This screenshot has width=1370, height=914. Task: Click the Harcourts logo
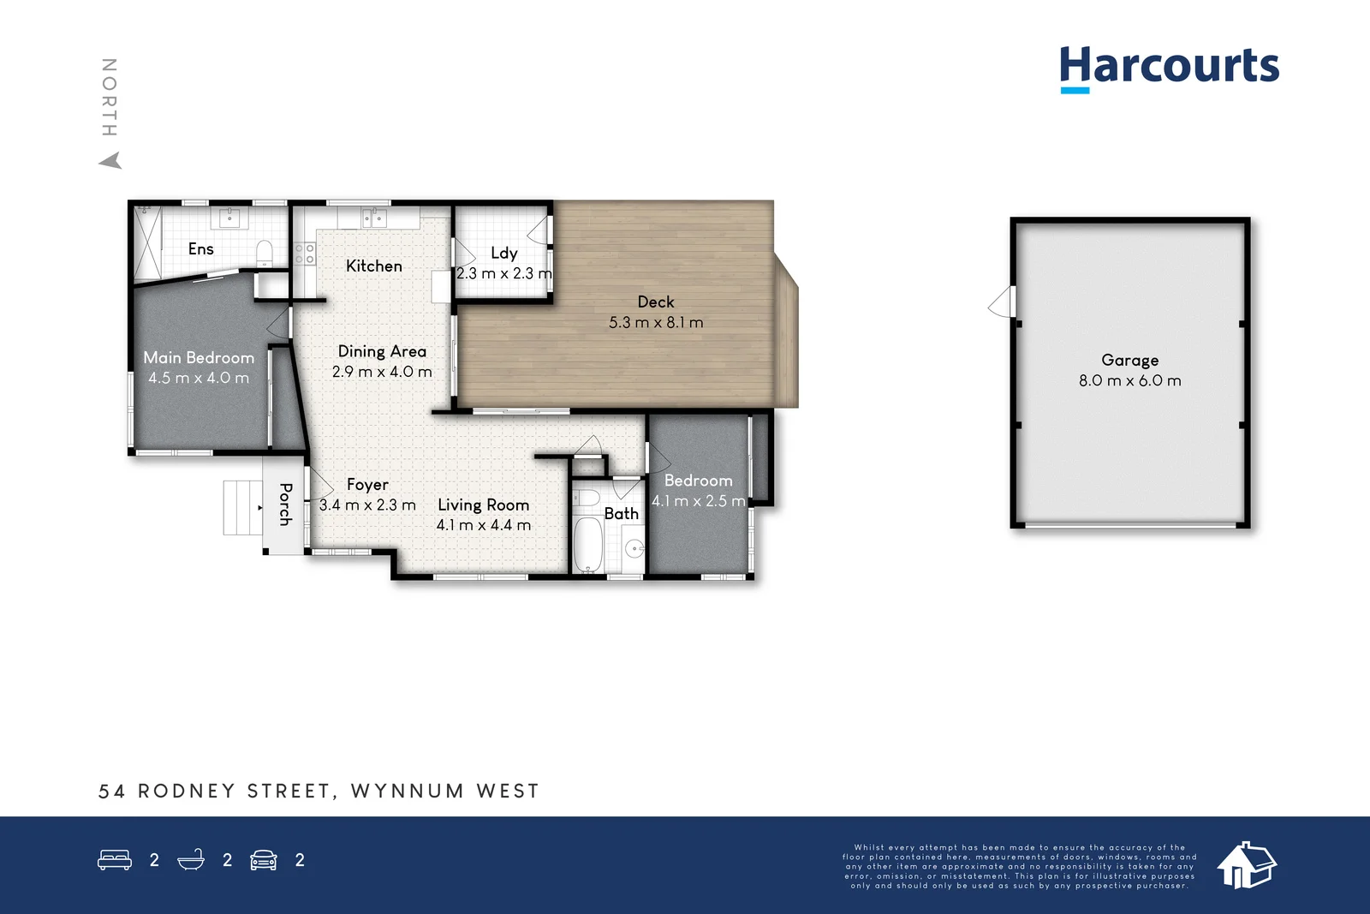[1169, 68]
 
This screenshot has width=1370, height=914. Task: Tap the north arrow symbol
[111, 160]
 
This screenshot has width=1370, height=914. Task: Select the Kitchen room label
[374, 266]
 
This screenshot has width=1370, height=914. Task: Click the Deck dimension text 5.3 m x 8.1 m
[656, 323]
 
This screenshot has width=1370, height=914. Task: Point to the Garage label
[1129, 361]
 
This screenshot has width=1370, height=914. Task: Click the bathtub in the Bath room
[587, 543]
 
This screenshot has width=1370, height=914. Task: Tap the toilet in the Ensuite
[265, 251]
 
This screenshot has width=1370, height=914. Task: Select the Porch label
[286, 504]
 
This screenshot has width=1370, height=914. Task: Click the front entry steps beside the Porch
[241, 507]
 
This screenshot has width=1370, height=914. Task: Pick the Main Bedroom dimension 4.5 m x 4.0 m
[199, 378]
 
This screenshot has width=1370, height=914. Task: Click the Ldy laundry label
[503, 254]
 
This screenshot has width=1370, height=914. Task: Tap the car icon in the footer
[264, 860]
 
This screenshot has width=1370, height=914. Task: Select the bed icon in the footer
[115, 860]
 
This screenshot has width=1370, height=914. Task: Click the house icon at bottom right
[1246, 864]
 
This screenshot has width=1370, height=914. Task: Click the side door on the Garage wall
[1003, 302]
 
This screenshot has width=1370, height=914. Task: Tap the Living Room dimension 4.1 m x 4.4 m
[484, 525]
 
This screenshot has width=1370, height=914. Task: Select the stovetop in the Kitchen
[305, 253]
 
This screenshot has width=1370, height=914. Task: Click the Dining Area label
[382, 351]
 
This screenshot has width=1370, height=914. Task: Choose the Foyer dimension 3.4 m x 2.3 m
[367, 505]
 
